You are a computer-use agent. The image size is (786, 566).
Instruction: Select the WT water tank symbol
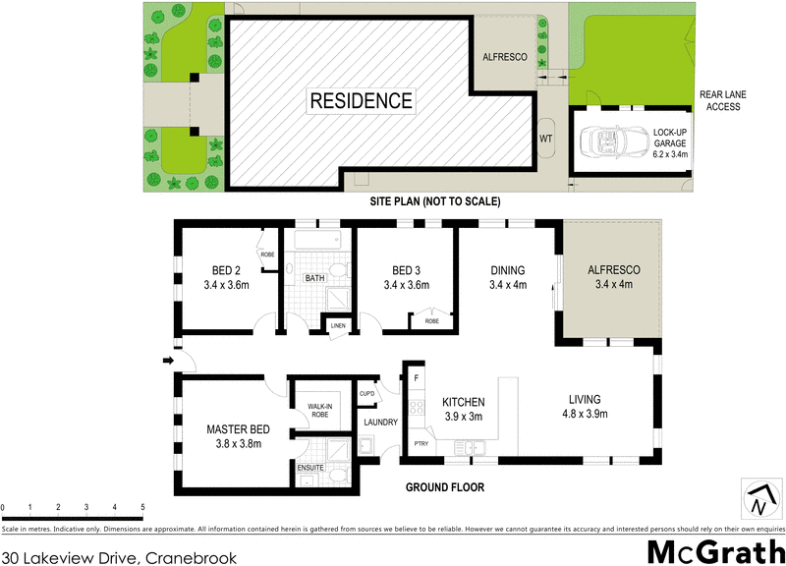546,139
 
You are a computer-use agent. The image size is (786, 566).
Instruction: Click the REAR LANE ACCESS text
725,100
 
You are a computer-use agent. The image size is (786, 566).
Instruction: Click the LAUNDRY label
380,423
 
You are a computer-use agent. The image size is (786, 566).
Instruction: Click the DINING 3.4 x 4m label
508,278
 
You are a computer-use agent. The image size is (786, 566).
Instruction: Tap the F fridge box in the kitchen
416,377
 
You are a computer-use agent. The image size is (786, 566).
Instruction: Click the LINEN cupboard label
337,325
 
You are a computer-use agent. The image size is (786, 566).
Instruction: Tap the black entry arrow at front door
168,362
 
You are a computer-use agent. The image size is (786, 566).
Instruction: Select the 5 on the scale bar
143,506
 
